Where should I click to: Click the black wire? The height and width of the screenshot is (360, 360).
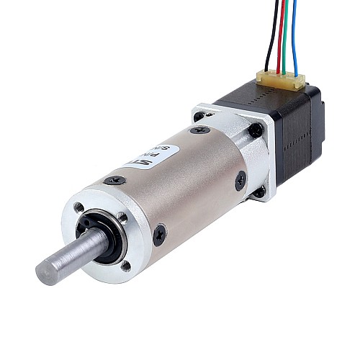pyautogui.click(x=268, y=36)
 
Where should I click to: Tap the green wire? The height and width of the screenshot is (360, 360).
pyautogui.click(x=286, y=36)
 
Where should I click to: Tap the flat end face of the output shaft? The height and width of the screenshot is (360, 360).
pyautogui.click(x=47, y=272)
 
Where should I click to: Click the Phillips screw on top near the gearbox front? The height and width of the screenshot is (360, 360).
pyautogui.click(x=115, y=181)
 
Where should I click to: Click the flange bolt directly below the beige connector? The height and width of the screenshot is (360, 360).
pyautogui.click(x=256, y=130)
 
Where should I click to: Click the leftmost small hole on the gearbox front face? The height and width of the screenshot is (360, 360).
pyautogui.click(x=78, y=207)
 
